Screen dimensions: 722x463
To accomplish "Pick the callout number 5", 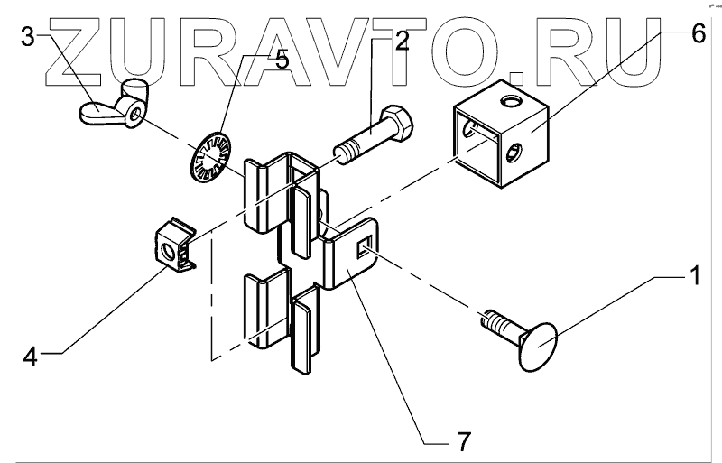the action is point(281,60).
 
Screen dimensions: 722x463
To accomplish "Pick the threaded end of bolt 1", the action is point(491,321).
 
